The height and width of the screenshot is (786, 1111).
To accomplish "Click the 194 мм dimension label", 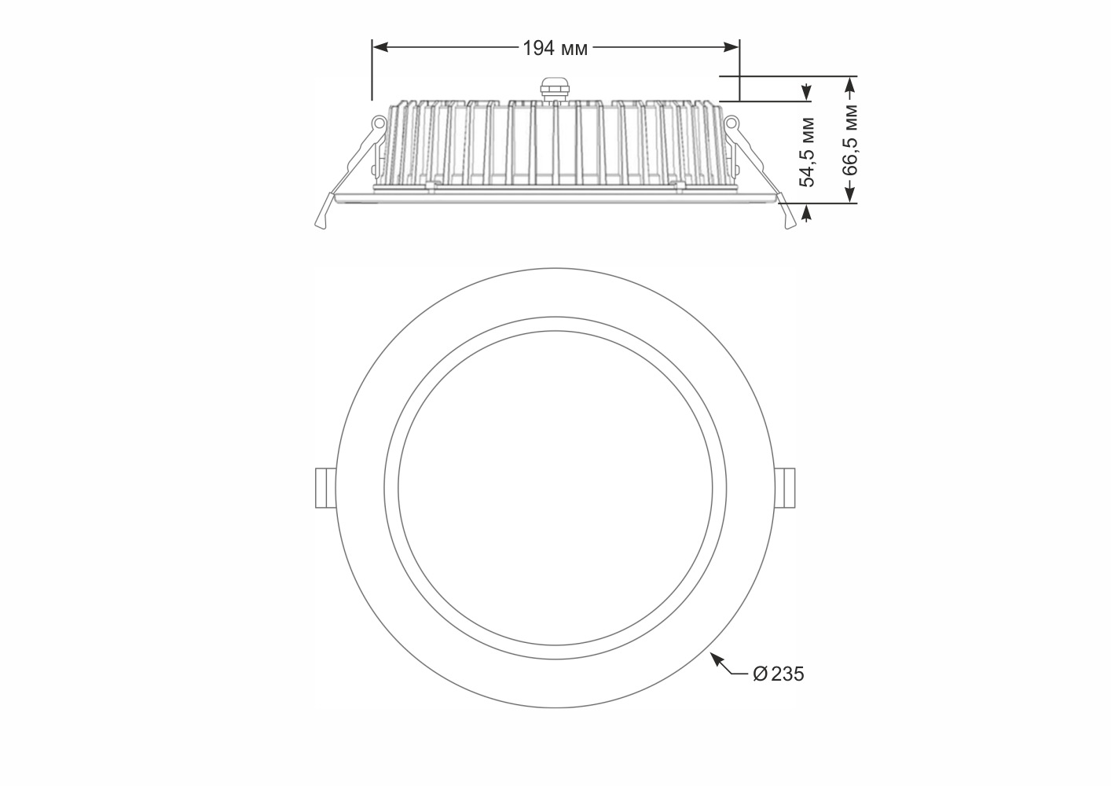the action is (x=555, y=49).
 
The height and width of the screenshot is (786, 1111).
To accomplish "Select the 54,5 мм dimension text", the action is (x=808, y=152).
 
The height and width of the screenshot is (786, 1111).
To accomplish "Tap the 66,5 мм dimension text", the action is (x=850, y=140).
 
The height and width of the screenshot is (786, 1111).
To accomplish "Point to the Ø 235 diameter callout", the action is (x=778, y=674).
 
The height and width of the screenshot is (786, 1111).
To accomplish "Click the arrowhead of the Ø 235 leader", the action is (x=716, y=658).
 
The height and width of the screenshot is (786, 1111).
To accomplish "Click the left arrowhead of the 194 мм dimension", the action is (x=380, y=47).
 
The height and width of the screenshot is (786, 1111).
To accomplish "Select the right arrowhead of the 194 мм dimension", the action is (x=731, y=47).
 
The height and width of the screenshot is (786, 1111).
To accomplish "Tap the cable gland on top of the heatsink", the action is (x=555, y=90).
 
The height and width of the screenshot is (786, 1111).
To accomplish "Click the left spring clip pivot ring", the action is (x=379, y=122).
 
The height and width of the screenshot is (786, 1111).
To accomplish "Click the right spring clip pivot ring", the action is (x=731, y=122).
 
